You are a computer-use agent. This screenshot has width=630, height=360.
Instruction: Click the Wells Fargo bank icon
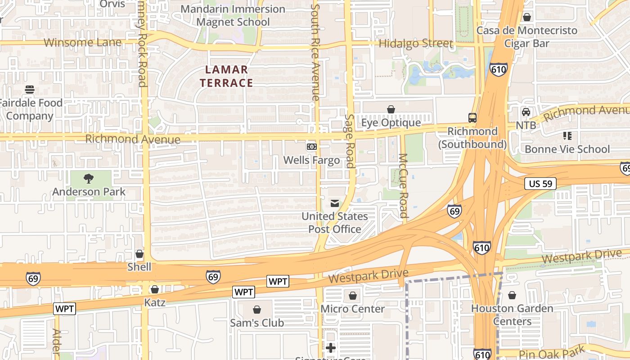(311, 147)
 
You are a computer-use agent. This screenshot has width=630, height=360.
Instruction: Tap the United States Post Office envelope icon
(334, 203)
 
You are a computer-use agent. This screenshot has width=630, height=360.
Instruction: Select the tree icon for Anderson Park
(89, 179)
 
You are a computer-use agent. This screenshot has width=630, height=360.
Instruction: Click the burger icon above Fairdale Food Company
(30, 90)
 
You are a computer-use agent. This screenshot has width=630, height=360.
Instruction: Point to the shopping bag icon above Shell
(139, 254)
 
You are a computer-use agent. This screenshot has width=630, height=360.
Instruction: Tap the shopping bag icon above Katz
(155, 289)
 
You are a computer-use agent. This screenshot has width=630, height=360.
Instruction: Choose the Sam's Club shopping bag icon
(257, 310)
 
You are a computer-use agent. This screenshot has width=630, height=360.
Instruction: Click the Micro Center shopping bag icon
(353, 296)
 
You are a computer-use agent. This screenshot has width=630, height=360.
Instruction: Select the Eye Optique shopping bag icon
(391, 109)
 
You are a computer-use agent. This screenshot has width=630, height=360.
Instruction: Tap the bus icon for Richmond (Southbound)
(472, 118)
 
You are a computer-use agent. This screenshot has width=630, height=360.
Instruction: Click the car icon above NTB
(526, 112)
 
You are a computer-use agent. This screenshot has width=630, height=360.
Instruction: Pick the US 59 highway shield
(540, 184)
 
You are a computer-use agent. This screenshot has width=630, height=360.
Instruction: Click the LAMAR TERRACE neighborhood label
(226, 76)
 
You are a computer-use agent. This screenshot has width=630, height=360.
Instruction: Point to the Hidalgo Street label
(415, 44)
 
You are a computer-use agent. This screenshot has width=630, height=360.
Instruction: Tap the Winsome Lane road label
(83, 43)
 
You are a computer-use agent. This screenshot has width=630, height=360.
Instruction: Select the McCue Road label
(403, 185)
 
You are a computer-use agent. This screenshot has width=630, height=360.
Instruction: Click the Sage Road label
(350, 141)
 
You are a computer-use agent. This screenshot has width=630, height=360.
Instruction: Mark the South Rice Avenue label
(315, 52)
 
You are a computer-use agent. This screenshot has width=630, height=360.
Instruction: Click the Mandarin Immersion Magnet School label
(233, 15)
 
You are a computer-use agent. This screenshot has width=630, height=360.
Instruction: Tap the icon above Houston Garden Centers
(512, 295)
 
